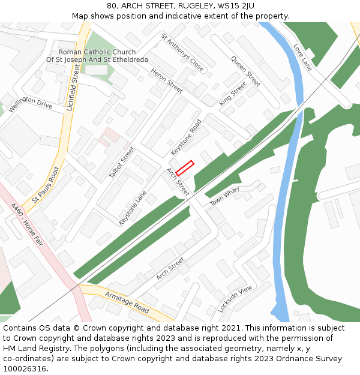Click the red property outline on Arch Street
coord(185,168)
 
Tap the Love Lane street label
coord(302,58)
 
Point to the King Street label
coord(233,94)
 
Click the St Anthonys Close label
coord(182,52)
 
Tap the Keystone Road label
coord(186,137)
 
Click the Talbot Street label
coord(122,162)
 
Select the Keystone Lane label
coord(133,208)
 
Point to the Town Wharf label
coord(224,199)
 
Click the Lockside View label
coord(235,299)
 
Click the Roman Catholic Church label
coord(97,52)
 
